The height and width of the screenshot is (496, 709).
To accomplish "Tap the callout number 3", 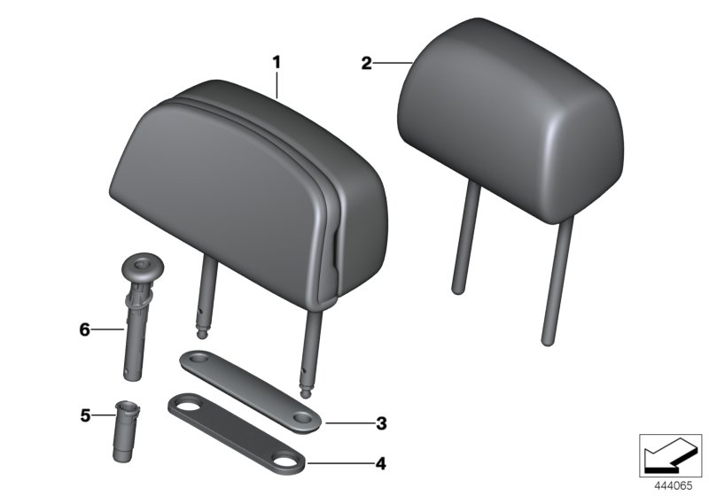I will tap(381, 423).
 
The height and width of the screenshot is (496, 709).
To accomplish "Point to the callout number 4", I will tap(381, 462).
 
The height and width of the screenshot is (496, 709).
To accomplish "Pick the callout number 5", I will tap(86, 415).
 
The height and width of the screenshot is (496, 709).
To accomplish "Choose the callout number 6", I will tap(85, 329).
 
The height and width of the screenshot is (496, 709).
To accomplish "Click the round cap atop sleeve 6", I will tap(141, 265).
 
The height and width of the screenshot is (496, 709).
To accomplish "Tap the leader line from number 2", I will tap(390, 62).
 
